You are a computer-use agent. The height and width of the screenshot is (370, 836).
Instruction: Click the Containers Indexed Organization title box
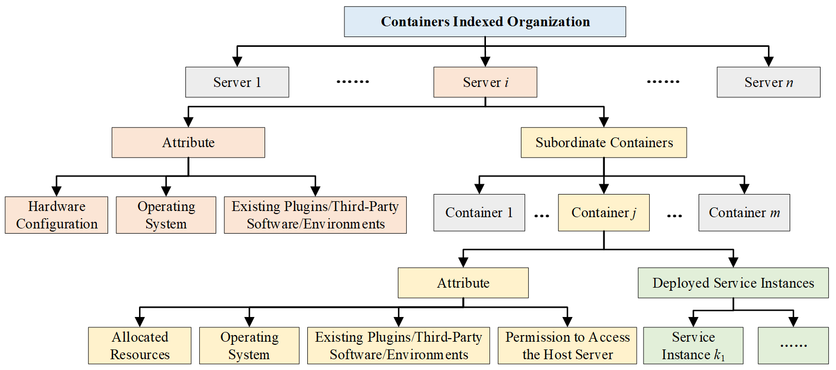click(485, 22)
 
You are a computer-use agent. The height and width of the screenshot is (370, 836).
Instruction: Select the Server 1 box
click(237, 82)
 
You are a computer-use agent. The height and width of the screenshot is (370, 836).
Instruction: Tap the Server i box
click(485, 82)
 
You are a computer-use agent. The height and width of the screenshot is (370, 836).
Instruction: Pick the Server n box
click(768, 82)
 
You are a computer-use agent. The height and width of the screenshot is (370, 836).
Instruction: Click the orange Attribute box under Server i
click(188, 143)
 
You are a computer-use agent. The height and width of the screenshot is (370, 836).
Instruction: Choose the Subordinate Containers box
click(603, 143)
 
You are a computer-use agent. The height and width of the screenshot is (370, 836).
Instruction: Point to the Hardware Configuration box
click(57, 215)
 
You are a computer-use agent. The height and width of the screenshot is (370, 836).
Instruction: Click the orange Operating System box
click(166, 215)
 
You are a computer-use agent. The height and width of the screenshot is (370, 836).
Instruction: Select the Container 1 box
click(479, 213)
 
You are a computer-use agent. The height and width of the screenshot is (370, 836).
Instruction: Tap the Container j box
click(603, 213)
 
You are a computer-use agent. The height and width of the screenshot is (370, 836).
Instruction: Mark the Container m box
click(744, 213)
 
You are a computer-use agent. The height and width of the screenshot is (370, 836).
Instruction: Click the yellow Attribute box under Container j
click(463, 283)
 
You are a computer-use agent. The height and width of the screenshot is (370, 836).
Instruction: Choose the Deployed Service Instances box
click(733, 283)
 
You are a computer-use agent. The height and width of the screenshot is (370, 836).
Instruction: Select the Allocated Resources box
click(140, 346)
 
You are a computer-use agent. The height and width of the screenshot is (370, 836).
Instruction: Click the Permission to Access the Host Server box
click(567, 346)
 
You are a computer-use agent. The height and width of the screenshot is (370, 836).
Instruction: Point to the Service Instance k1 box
click(693, 346)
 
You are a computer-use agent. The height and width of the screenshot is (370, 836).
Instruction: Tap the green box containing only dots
click(793, 346)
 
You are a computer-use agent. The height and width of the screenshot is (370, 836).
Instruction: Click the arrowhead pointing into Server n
click(769, 62)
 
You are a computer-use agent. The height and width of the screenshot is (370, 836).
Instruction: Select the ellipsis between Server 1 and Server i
click(353, 82)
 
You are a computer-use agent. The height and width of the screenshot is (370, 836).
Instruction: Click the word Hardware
click(57, 206)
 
